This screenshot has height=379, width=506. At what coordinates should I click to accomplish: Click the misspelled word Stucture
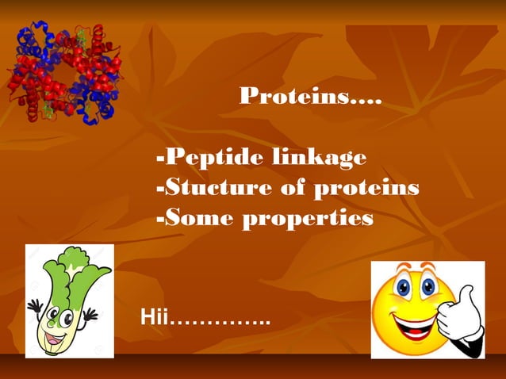pyautogui.click(x=216, y=189)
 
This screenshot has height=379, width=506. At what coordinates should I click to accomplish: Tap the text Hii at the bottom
pyautogui.click(x=155, y=319)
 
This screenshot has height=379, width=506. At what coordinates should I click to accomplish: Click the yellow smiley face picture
pyautogui.click(x=427, y=309)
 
